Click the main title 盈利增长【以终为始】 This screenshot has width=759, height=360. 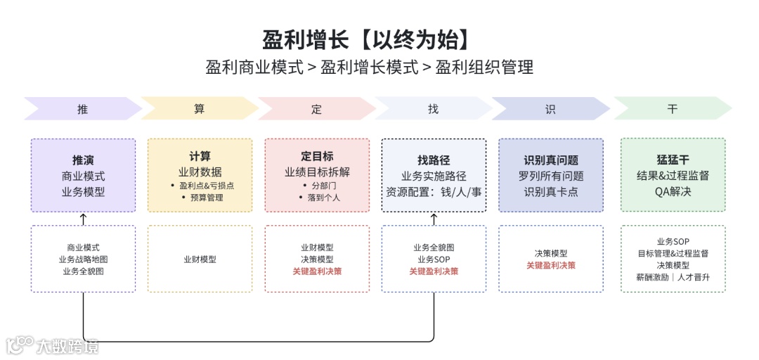(x=365, y=39)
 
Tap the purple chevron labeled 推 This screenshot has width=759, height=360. (x=83, y=109)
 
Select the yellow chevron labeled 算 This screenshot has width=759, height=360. (x=200, y=109)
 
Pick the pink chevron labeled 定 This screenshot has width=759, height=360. (x=316, y=109)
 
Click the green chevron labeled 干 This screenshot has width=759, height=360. (x=673, y=109)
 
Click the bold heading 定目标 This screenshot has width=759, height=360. (x=317, y=156)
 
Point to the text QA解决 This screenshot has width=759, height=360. (x=673, y=191)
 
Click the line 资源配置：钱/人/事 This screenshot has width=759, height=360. (x=434, y=191)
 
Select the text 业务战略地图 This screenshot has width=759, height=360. (x=84, y=259)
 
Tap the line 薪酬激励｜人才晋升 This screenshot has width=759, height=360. (x=673, y=277)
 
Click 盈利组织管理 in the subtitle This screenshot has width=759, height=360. (x=484, y=67)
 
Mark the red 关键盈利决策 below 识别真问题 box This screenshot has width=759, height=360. (x=551, y=265)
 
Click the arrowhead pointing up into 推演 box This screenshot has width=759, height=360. (x=84, y=217)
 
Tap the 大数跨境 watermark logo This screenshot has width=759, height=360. (x=53, y=345)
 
